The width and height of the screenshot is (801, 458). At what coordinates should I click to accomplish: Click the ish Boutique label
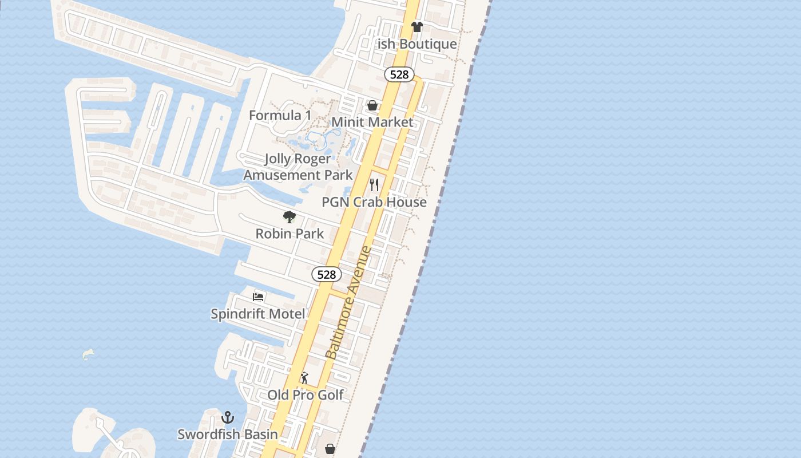point(417,44)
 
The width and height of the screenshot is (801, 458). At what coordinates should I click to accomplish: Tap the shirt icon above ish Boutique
point(417,26)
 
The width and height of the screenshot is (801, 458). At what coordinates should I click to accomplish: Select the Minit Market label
point(372,122)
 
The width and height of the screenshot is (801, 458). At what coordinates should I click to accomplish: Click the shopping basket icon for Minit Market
point(372,105)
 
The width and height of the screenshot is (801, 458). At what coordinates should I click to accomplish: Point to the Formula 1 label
point(280,116)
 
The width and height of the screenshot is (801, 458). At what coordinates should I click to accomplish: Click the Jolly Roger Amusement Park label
point(298,167)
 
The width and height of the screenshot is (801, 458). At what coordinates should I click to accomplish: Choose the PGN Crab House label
point(374,202)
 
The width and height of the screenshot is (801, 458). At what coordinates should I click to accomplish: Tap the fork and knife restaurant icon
point(374,185)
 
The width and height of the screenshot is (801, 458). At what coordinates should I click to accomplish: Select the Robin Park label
point(290,234)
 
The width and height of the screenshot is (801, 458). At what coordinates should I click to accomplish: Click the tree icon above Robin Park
point(290,217)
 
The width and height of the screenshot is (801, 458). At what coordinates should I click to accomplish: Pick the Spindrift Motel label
point(258,314)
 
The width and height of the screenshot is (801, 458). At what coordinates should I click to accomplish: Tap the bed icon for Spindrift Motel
point(258,297)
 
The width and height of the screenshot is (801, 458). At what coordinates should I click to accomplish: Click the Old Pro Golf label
point(306,395)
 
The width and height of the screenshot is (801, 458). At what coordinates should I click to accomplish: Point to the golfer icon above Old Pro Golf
point(304,378)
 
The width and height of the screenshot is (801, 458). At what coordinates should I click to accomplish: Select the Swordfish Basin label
point(228,434)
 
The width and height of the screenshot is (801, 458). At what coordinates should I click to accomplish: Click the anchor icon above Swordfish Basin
point(228,417)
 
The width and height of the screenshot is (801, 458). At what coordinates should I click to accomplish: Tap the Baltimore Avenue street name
point(348,303)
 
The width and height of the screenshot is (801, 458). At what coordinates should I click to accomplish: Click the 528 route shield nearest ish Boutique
point(399,74)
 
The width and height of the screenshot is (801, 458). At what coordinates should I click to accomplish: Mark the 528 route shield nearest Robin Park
point(326,275)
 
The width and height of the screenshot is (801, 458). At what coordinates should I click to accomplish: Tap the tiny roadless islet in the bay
point(88,354)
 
